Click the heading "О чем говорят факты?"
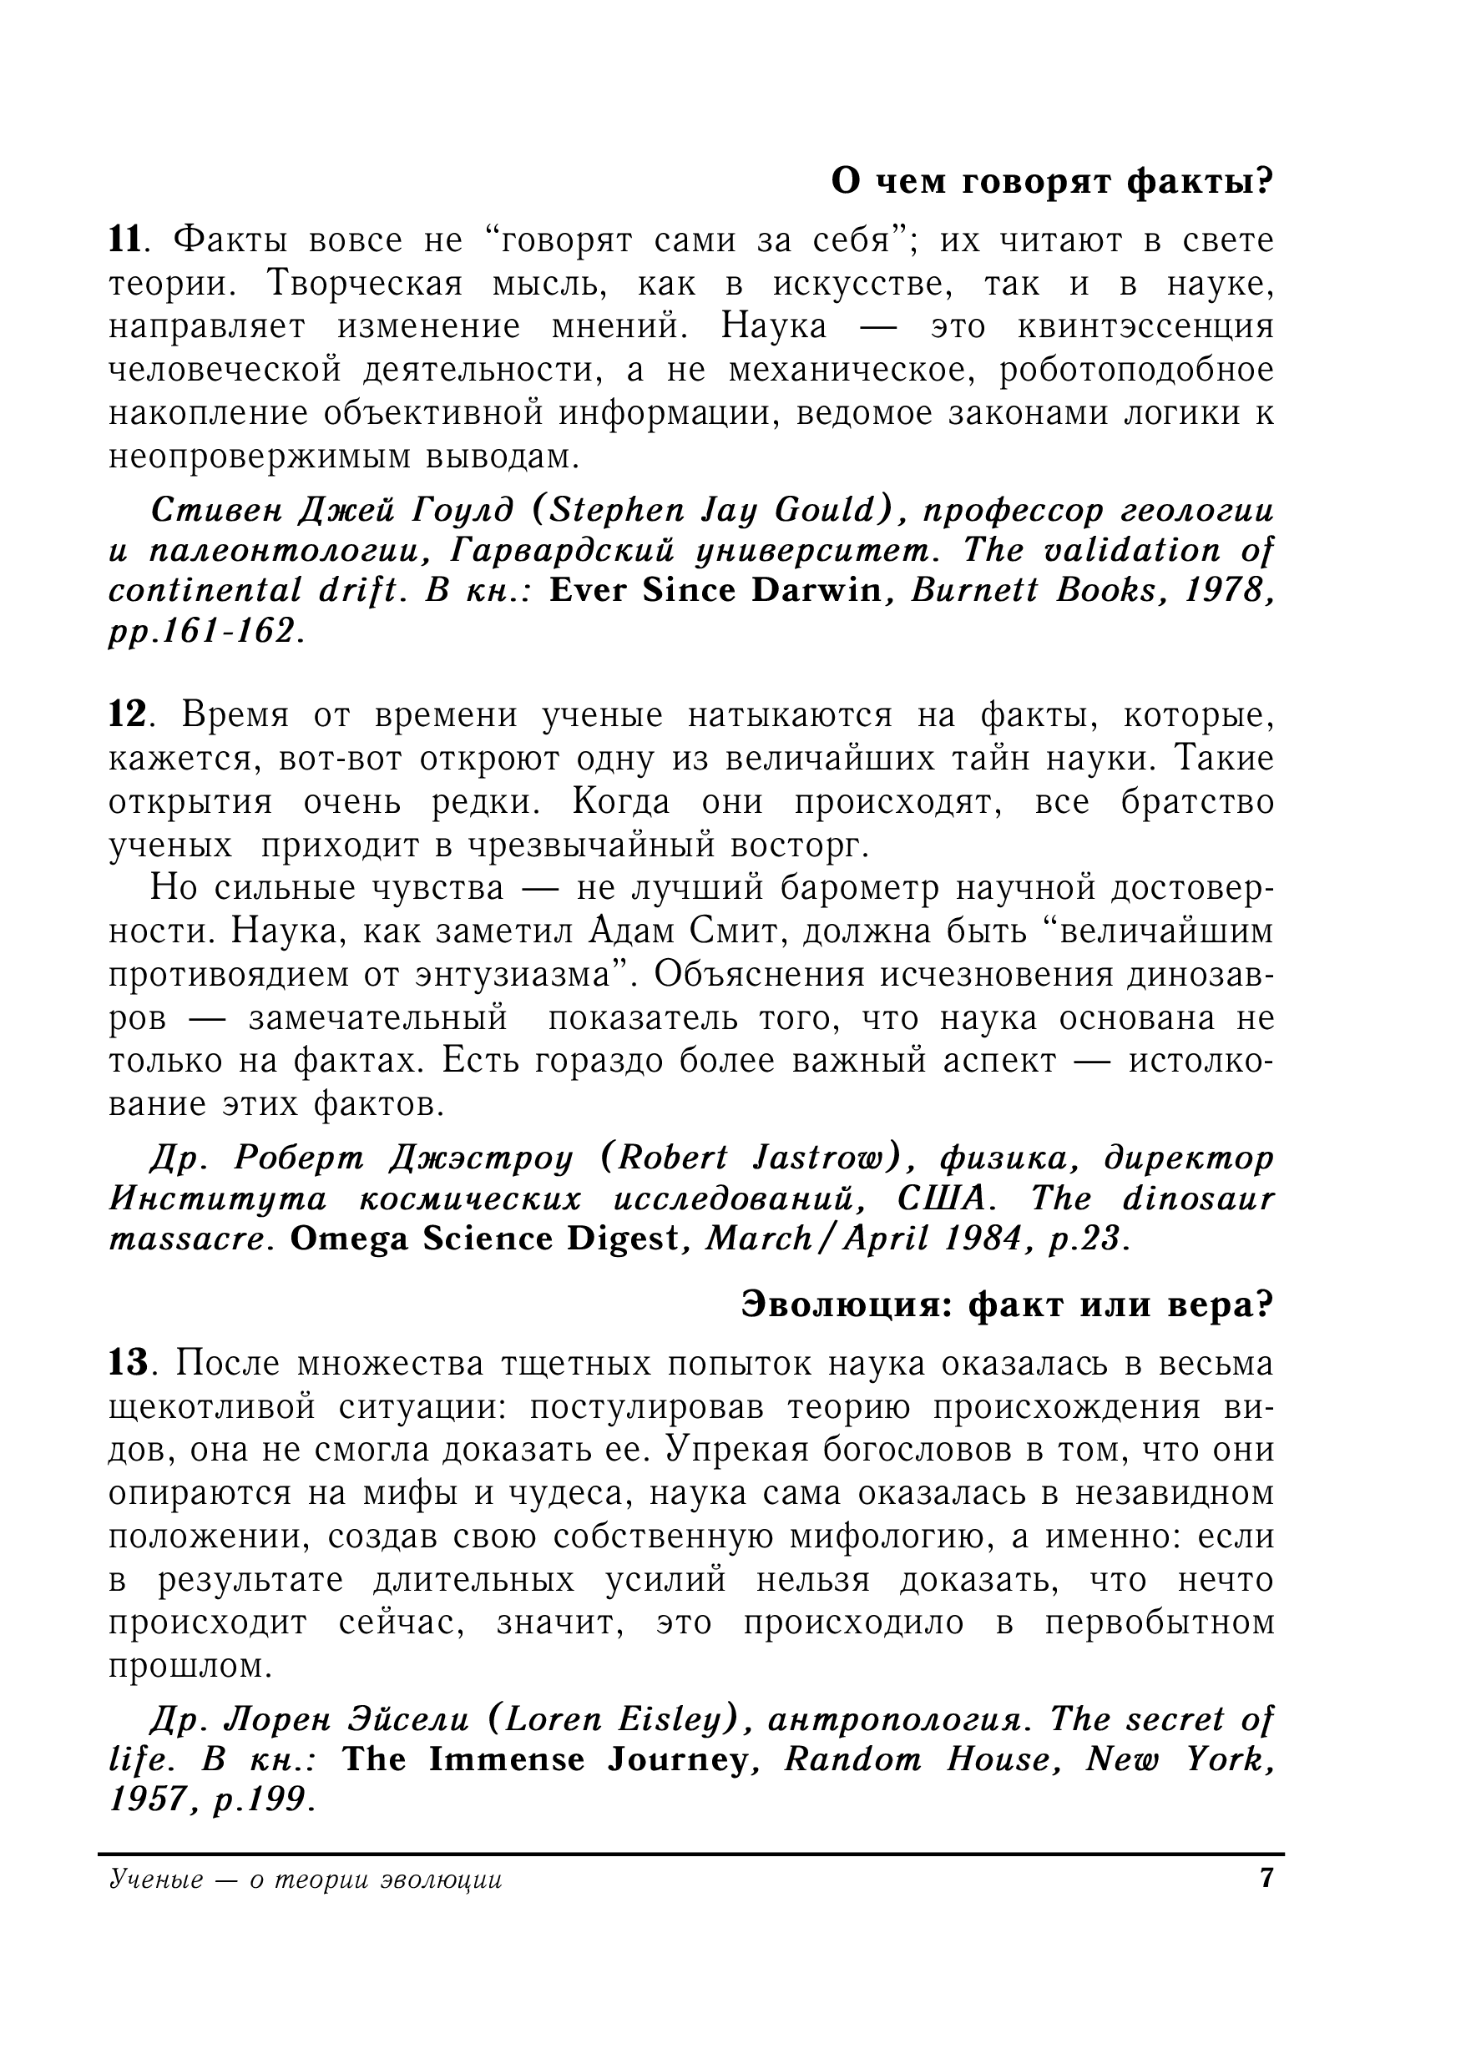[x=1051, y=182]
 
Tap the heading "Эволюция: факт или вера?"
[x=1007, y=1304]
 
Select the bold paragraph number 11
[x=125, y=240]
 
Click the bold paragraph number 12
[x=127, y=714]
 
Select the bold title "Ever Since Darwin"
[x=715, y=590]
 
